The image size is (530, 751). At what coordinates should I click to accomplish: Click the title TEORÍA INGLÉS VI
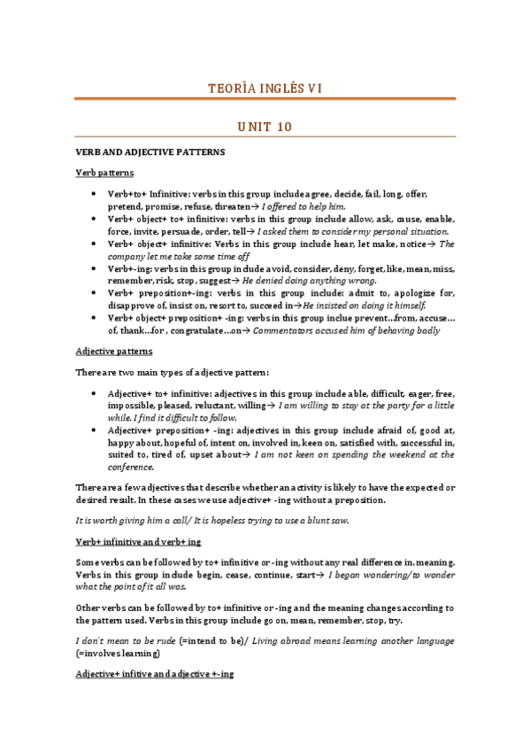pyautogui.click(x=265, y=88)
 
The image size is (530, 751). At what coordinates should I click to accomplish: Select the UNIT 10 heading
pyautogui.click(x=265, y=128)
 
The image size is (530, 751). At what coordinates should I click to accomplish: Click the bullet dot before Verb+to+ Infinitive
pyautogui.click(x=94, y=193)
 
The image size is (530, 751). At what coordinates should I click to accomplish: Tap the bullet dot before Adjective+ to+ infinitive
pyautogui.click(x=94, y=391)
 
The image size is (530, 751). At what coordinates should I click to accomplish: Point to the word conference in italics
pyautogui.click(x=131, y=467)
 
